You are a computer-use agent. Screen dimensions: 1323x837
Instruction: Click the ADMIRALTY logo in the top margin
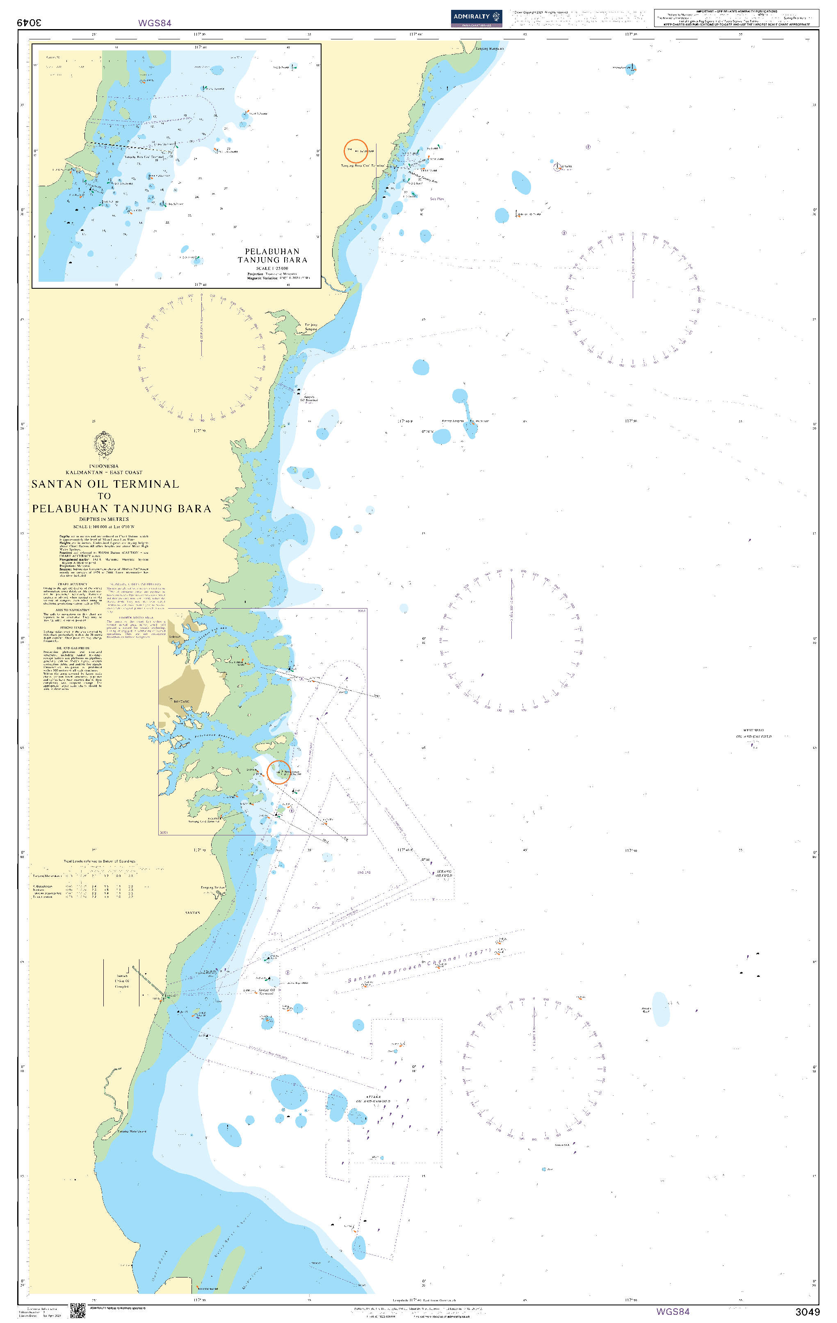(x=476, y=17)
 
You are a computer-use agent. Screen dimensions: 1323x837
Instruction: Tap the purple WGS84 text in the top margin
(x=155, y=23)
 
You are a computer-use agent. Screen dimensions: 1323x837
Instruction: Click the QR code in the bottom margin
(x=78, y=1310)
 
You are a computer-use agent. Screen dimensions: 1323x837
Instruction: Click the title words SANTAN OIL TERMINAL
(x=105, y=484)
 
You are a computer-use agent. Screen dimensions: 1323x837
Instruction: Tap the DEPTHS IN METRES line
(x=104, y=519)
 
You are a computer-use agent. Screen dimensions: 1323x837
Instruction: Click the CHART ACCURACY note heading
(x=73, y=584)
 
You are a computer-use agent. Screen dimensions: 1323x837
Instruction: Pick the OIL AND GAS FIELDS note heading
(x=73, y=648)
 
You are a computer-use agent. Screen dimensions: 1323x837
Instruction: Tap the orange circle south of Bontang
(x=278, y=771)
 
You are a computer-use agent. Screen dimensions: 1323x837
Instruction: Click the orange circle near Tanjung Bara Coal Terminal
(x=356, y=151)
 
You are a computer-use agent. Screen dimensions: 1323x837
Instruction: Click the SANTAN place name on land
(x=192, y=912)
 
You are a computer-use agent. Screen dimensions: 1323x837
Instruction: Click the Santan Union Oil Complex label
(x=121, y=981)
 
